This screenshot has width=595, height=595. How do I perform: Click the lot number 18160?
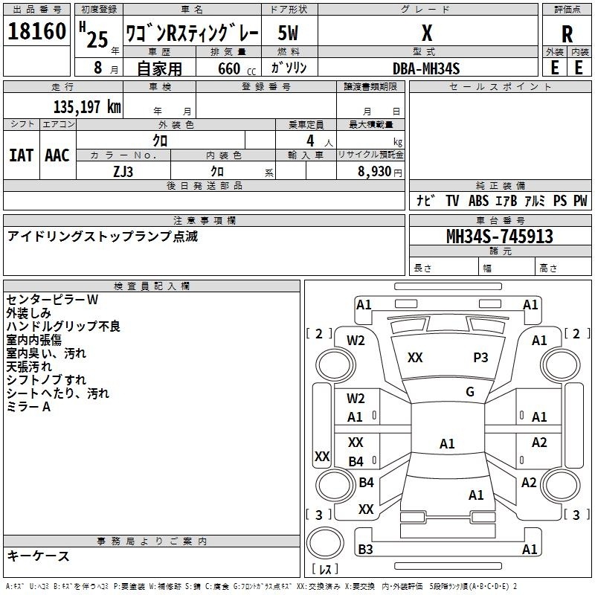point(36,31)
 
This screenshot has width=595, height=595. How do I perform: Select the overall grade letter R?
point(567,33)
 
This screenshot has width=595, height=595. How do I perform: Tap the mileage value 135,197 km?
point(87,106)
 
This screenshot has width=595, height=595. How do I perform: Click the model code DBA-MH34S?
point(426,68)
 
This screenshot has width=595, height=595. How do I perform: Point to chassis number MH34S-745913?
point(500,237)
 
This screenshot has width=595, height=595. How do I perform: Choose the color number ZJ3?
point(123,172)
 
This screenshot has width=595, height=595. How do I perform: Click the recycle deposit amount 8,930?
point(374,172)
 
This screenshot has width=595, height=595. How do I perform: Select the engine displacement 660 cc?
point(237,68)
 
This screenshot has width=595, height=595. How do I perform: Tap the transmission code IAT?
point(22,155)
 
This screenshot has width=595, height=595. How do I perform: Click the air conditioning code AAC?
point(57,155)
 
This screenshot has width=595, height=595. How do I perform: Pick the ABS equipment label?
point(478,201)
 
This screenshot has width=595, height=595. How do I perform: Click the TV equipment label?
point(452,201)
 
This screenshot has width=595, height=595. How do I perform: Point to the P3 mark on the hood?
point(480,358)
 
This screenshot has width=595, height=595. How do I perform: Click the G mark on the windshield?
point(470,392)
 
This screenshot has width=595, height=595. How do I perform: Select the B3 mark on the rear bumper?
point(365,549)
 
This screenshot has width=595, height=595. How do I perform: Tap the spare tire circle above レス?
point(325,543)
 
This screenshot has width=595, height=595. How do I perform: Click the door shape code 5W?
point(288,33)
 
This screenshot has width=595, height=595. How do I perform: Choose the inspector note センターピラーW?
point(52,300)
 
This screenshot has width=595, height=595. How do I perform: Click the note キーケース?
point(39,556)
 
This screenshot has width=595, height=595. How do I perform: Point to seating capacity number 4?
point(310,141)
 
